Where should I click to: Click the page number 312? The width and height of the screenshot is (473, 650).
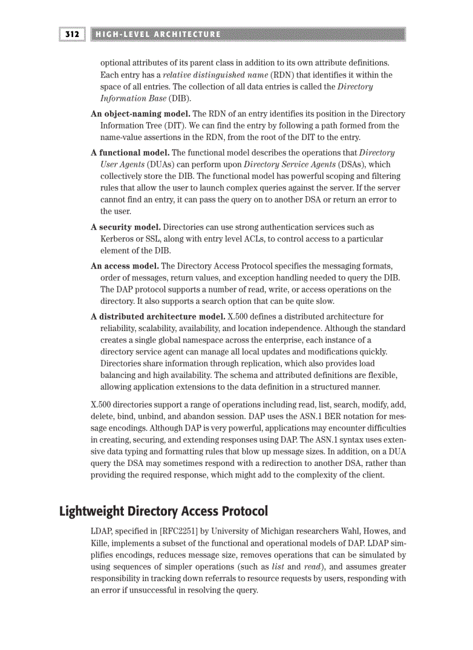pyautogui.click(x=72, y=34)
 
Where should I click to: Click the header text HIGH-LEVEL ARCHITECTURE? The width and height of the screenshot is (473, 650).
pyautogui.click(x=158, y=34)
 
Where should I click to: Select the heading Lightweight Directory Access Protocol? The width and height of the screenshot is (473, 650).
pyautogui.click(x=163, y=512)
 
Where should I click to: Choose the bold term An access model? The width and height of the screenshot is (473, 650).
pyautogui.click(x=125, y=266)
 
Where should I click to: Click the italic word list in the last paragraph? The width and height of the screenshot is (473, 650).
pyautogui.click(x=278, y=567)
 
